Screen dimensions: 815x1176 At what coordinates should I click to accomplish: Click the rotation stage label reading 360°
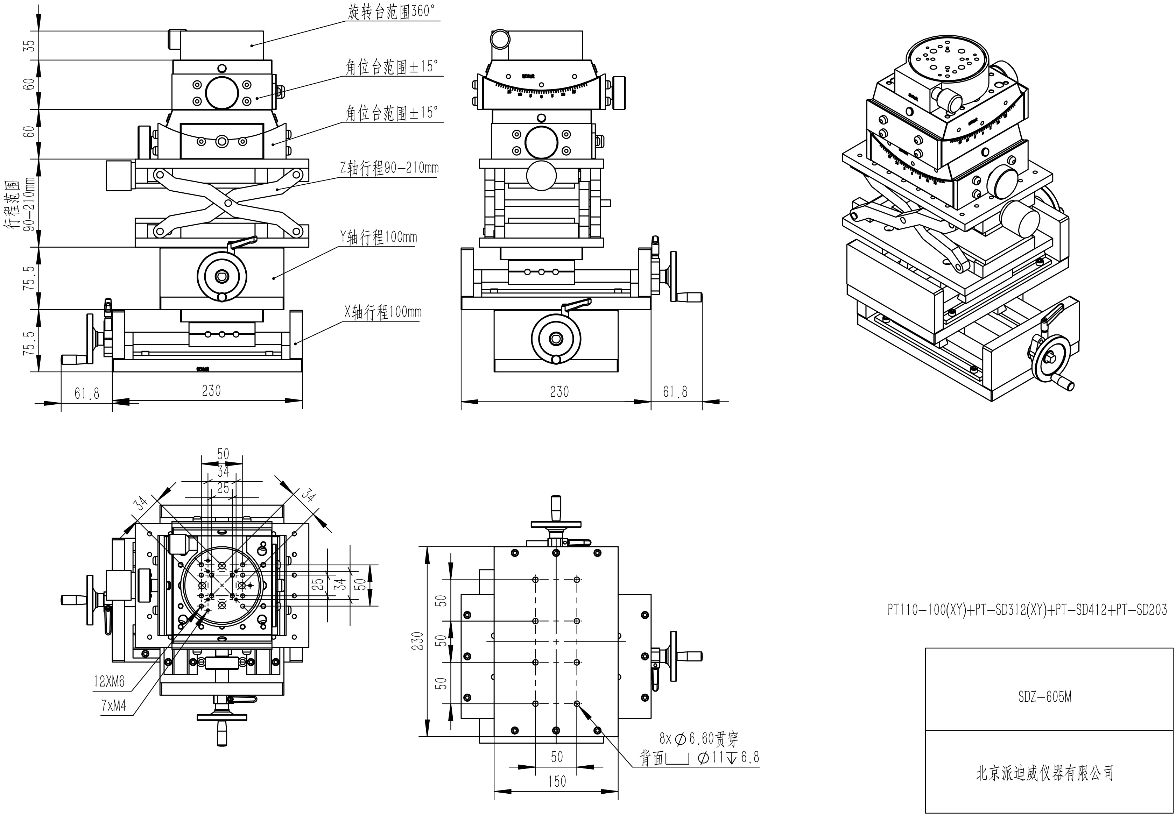(x=393, y=12)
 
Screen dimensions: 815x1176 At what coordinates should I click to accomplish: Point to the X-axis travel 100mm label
(x=383, y=312)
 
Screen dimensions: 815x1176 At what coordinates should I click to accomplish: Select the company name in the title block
(x=1045, y=773)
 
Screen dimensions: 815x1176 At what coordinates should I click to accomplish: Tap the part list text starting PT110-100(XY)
(x=1027, y=610)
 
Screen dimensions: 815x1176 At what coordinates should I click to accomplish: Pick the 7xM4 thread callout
(x=113, y=706)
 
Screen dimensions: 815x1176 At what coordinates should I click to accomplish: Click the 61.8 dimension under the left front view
(x=87, y=393)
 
